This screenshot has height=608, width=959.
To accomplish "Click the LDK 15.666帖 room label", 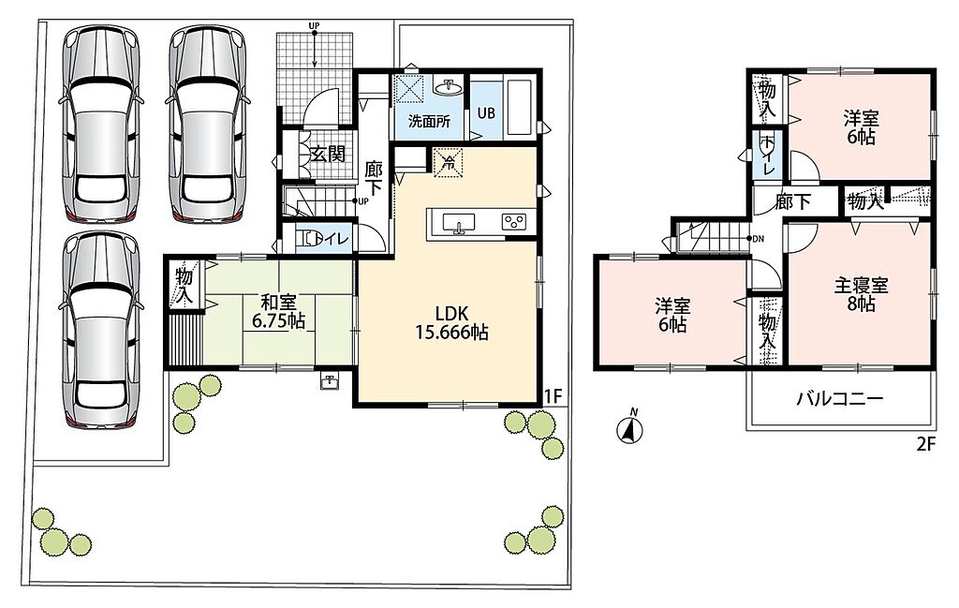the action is click(451, 323).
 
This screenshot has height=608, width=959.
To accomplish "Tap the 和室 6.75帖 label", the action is click(279, 311).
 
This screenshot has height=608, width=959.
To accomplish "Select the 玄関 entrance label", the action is click(328, 154).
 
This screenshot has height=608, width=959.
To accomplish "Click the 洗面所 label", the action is click(429, 121).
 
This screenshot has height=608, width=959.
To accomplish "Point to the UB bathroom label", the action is click(486, 113).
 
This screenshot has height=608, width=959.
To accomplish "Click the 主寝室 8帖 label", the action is click(862, 294).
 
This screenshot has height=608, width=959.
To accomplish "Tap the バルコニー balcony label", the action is click(840, 399).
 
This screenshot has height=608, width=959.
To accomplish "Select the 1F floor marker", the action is click(553, 396).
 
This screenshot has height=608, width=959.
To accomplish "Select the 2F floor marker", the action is click(926, 444).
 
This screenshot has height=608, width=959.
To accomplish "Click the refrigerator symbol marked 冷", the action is click(448, 163).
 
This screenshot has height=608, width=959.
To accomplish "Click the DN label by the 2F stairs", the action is click(758, 239).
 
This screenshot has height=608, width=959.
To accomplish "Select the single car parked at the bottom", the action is click(102, 331).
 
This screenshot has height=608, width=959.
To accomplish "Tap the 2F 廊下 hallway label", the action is click(792, 201).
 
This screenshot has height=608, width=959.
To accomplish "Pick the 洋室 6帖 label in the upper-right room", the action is click(862, 126).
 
